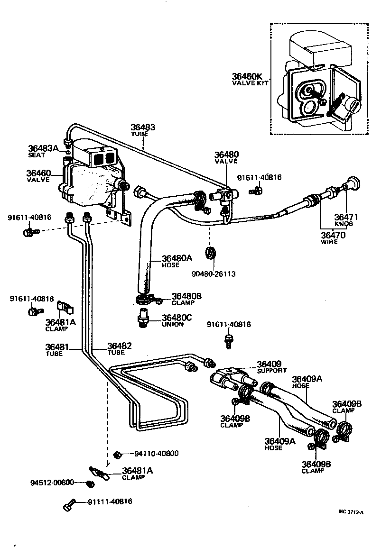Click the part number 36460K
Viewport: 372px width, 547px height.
tap(247, 76)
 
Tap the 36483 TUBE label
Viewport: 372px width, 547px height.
tap(143, 130)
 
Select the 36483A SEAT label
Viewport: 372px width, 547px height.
tap(43, 151)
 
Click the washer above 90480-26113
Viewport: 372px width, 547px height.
tap(210, 253)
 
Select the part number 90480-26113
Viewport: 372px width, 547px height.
tap(214, 274)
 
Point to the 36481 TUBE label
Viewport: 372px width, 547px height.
tap(57, 350)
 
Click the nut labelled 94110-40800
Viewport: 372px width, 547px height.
tap(118, 454)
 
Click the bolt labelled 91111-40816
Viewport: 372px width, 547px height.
tap(69, 504)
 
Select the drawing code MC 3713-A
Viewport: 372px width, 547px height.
tap(351, 512)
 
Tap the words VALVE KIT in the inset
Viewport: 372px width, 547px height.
tap(250, 83)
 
